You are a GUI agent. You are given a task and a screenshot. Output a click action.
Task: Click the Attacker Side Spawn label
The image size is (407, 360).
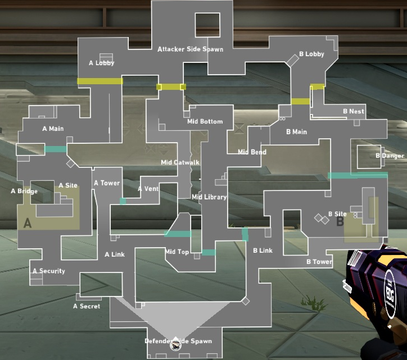pyautogui.click(x=190, y=49)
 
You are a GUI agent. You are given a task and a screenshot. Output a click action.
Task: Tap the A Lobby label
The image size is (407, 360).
pyautogui.click(x=102, y=63)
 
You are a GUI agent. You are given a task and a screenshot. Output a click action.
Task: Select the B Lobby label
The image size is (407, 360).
pyautogui.click(x=312, y=54)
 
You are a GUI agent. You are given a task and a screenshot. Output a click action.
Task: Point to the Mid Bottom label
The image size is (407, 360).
pyautogui.click(x=205, y=121)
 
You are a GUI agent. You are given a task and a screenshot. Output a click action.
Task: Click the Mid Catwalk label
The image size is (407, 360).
pyautogui.click(x=180, y=162)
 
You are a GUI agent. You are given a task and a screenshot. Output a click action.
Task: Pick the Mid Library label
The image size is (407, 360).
pyautogui.click(x=209, y=197)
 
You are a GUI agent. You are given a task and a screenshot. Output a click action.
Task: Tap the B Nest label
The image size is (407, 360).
pyautogui.click(x=354, y=111)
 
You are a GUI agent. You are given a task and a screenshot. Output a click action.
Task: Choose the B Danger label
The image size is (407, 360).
pyautogui.click(x=390, y=156)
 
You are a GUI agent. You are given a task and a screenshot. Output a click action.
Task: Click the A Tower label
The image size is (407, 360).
pyautogui.click(x=107, y=183)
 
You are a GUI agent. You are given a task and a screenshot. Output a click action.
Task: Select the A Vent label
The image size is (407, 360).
pyautogui.click(x=148, y=189)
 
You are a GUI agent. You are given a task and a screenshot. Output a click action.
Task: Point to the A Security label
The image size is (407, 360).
pyautogui.click(x=49, y=271)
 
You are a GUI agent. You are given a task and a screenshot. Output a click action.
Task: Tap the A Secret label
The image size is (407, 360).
pyautogui.click(x=87, y=306)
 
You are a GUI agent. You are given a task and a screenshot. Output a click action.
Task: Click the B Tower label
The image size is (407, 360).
pyautogui.click(x=319, y=262)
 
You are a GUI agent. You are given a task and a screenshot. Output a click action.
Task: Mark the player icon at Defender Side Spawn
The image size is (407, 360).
pyautogui.click(x=175, y=345)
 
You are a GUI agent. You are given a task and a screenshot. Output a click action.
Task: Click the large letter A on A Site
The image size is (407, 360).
pyautogui.click(x=28, y=223)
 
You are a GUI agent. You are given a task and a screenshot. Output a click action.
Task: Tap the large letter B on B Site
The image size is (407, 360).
pyautogui.click(x=340, y=222)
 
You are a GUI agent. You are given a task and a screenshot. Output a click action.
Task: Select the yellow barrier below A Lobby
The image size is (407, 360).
pyautogui.click(x=100, y=81)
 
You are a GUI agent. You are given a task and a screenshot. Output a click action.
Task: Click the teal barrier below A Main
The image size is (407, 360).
pyautogui.click(x=56, y=149)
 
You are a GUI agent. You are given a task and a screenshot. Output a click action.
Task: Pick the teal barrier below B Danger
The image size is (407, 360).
pyautogui.click(x=358, y=175)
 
